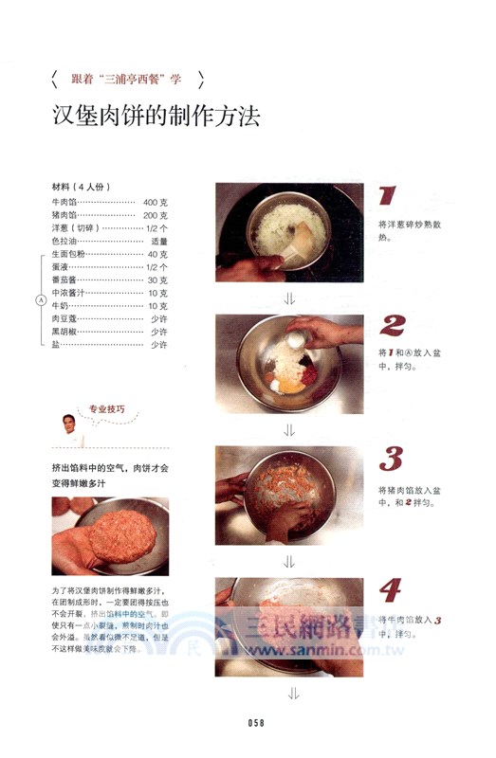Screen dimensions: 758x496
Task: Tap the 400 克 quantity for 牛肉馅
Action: point(156,203)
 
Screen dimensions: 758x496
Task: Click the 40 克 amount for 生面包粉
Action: point(157,255)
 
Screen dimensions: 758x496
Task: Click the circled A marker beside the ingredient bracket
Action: point(40,300)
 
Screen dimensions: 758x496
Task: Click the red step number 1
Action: point(386,197)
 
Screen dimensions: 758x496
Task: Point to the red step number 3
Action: point(391,459)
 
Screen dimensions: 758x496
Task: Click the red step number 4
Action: point(390,590)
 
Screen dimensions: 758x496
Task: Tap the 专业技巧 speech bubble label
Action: point(106,410)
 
